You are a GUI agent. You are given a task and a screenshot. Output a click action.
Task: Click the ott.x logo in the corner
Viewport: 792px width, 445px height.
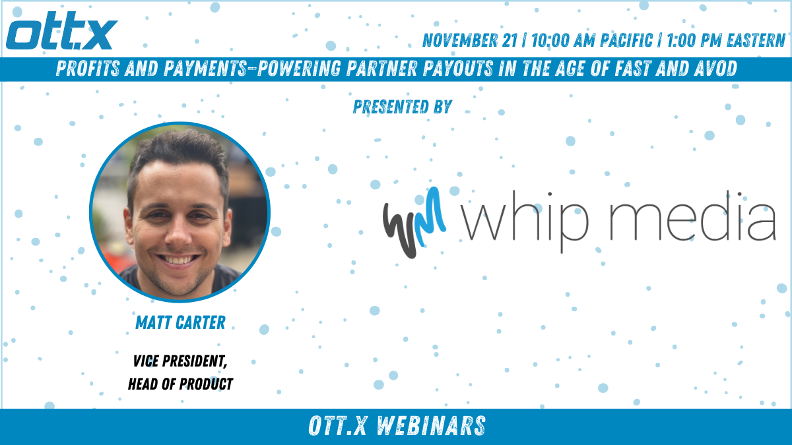(x=62, y=31)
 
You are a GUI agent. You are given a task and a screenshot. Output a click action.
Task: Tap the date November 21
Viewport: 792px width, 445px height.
(x=470, y=40)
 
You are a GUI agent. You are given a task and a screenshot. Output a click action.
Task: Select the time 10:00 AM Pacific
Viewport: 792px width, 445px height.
(x=592, y=40)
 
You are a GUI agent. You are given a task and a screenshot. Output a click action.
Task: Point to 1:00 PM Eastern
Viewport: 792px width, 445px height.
(x=726, y=40)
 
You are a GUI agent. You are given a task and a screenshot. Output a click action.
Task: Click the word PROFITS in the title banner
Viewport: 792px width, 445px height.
(x=88, y=69)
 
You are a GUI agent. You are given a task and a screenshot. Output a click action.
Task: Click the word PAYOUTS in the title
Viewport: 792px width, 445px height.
(x=458, y=69)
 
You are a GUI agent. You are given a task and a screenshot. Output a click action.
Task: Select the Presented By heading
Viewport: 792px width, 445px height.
(x=403, y=107)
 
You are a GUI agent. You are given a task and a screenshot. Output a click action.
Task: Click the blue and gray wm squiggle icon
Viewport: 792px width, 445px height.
(x=414, y=223)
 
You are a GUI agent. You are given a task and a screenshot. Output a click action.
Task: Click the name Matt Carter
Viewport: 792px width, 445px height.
(x=180, y=322)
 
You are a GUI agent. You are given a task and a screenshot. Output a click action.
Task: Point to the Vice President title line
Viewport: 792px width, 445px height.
(x=180, y=361)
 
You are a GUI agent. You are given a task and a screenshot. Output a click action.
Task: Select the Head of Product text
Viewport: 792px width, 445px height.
(x=180, y=384)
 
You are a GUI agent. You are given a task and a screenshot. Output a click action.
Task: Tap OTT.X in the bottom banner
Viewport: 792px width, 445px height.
(x=338, y=426)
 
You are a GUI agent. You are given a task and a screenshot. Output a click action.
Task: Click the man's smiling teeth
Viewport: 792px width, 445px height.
(x=178, y=260)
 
